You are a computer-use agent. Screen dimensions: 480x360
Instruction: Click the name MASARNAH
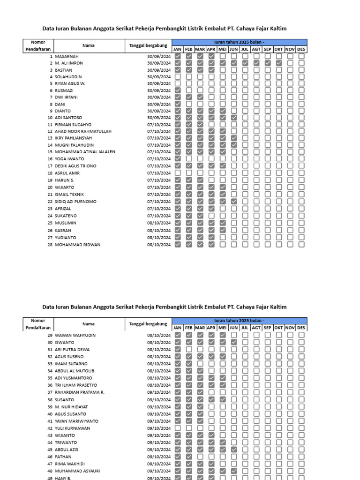pos(67,56)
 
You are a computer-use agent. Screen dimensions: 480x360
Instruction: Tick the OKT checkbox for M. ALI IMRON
pos(278,63)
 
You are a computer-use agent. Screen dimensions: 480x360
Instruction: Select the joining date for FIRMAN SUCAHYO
pos(158,125)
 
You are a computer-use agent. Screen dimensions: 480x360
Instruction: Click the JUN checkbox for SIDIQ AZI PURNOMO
pos(233,202)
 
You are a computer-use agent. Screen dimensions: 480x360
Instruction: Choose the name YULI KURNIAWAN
pos(73,428)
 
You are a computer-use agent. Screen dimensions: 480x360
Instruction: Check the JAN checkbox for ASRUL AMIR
pos(178,173)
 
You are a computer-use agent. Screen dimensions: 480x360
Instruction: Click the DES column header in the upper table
pos(301,49)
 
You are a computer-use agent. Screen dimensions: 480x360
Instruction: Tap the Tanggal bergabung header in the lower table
pos(148,324)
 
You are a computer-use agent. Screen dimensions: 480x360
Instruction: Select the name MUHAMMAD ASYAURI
pos(77,471)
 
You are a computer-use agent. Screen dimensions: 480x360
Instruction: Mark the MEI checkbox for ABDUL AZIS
pos(222,450)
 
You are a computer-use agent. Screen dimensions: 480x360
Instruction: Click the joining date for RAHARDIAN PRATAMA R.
pos(158,392)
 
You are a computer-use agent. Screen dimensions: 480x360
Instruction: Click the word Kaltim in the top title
pos(276,29)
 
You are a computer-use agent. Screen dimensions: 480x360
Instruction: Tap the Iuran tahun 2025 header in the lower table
pos(240,320)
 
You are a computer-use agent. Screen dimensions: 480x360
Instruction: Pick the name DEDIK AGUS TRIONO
pos(75,166)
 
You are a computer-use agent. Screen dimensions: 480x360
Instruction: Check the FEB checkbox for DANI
pos(189,104)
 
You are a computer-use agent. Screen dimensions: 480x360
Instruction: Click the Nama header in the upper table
pos(89,46)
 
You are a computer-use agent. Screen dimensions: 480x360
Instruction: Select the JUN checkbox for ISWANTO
pos(233,343)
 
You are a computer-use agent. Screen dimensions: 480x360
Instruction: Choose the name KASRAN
pos(63,231)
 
